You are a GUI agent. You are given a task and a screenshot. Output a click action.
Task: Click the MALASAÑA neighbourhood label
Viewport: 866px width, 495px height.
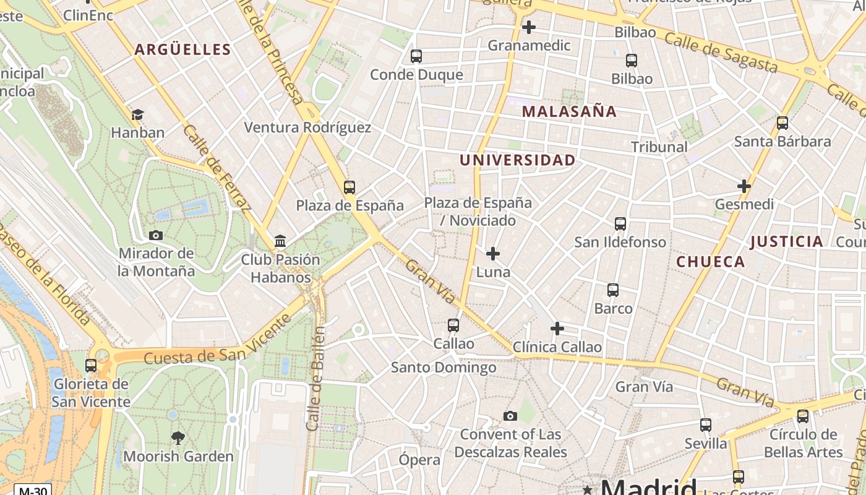click(569, 111)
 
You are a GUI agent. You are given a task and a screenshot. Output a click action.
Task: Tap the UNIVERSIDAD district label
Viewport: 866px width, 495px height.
click(517, 160)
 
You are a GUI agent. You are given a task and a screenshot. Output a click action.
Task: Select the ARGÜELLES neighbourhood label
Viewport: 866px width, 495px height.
click(182, 50)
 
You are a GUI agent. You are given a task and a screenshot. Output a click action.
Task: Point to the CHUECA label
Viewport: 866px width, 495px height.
click(711, 262)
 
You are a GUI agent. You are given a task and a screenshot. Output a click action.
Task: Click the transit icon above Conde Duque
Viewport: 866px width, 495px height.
click(416, 56)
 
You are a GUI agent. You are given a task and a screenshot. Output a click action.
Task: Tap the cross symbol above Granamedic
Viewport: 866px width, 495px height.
click(529, 27)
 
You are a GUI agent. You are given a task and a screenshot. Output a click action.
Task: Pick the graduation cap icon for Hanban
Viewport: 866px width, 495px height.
click(137, 114)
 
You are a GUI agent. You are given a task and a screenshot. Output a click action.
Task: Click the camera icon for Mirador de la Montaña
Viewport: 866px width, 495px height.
click(156, 235)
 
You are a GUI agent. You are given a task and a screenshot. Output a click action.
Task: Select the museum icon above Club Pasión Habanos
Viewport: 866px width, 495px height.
click(280, 241)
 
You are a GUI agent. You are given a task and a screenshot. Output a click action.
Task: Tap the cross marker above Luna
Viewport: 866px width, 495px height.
click(493, 254)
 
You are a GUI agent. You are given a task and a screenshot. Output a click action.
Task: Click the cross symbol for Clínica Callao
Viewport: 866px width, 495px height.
click(557, 329)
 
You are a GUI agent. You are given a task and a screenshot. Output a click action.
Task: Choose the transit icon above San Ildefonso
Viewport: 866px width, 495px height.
click(620, 224)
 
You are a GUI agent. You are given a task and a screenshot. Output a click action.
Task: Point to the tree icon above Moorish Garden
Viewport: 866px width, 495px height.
click(178, 438)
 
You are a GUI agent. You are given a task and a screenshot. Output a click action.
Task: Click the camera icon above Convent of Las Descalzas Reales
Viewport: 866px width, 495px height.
click(510, 416)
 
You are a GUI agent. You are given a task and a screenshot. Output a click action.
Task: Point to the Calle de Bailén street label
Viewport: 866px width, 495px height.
click(316, 379)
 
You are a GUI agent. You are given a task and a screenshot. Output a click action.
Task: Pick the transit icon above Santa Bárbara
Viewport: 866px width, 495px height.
click(782, 123)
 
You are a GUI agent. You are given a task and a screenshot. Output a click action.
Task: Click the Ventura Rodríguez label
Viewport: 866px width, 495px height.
click(307, 127)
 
